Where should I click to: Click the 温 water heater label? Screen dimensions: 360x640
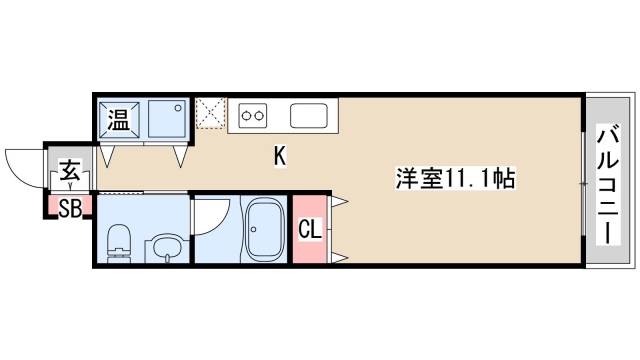point(118,122)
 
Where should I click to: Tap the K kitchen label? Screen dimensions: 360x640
point(281,156)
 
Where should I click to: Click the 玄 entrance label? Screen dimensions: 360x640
point(69,170)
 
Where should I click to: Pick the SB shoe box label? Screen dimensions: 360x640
point(69,208)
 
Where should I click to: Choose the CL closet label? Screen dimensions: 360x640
point(309,229)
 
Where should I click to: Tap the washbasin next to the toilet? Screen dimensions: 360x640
point(163,248)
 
